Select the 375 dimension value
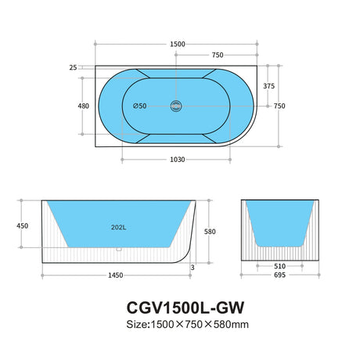(268, 86)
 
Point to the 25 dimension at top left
(74, 68)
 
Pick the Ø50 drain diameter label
(140, 106)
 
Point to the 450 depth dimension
(22, 226)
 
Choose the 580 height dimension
(207, 232)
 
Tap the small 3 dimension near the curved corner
(193, 267)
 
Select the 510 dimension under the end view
(279, 266)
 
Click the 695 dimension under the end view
(279, 277)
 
